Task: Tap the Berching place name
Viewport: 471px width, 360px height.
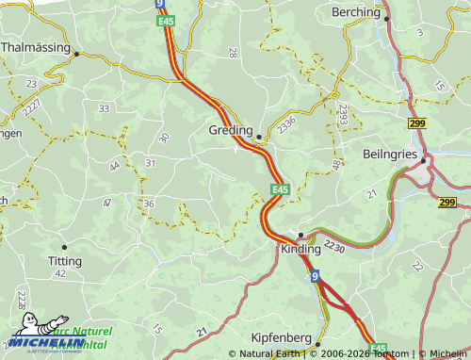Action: pos(355,12)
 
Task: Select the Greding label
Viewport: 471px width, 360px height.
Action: pos(230,130)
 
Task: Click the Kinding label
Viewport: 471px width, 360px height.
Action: pos(300,250)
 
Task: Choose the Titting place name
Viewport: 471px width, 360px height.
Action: pos(64,260)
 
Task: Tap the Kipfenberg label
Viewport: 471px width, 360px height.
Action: pos(282,337)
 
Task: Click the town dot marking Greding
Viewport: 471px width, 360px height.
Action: pos(259,137)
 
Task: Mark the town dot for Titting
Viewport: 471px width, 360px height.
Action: pos(64,247)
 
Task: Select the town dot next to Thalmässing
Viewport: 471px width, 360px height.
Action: pos(76,54)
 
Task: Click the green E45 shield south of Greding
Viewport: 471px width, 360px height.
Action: pos(279,190)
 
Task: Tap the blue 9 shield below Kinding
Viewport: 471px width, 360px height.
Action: pos(315,276)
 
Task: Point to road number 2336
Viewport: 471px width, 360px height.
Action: pos(287,123)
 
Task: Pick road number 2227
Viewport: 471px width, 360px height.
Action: pos(32,109)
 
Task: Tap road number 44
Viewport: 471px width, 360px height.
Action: pos(114,166)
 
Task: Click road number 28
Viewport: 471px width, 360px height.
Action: pos(233,53)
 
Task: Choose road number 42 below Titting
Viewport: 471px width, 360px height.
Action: pos(60,273)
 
